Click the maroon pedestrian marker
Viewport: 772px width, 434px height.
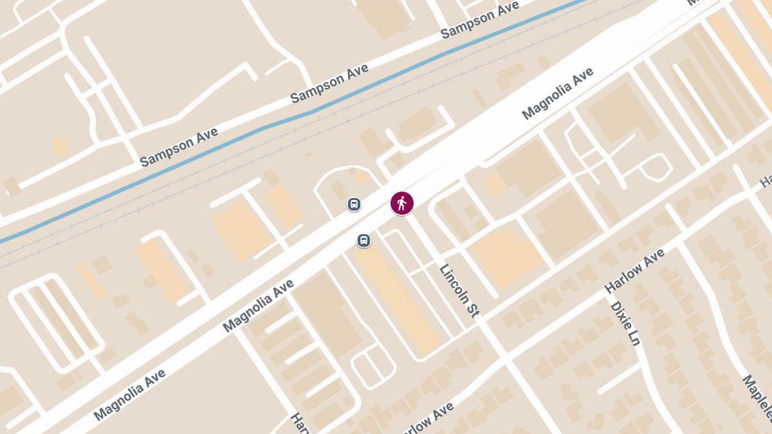pyautogui.click(x=402, y=203)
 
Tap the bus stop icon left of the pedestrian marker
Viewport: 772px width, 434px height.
pyautogui.click(x=354, y=204)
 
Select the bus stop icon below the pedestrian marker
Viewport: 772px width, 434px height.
pyautogui.click(x=363, y=240)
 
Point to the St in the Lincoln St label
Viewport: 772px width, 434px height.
pyautogui.click(x=473, y=311)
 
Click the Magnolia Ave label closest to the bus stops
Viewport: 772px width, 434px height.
pyautogui.click(x=259, y=305)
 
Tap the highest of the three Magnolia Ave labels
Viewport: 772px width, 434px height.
pyautogui.click(x=558, y=94)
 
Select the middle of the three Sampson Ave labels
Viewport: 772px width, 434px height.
pyautogui.click(x=329, y=84)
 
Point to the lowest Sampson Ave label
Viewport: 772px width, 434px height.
pyautogui.click(x=179, y=147)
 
